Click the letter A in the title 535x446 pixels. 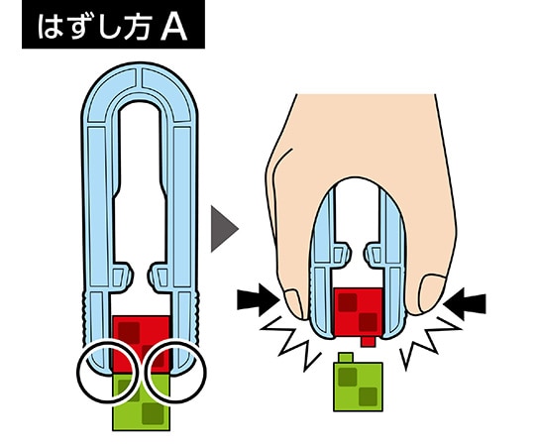pos(173,28)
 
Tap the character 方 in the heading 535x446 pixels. pos(137,28)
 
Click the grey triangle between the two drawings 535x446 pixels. pos(224,229)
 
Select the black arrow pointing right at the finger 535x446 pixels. pos(259,300)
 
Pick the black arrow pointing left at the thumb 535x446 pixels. pos(465,303)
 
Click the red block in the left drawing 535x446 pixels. pos(141,344)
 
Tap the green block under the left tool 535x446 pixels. pos(141,402)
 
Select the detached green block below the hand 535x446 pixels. pos(358,387)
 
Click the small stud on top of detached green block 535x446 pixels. pos(346,358)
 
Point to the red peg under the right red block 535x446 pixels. pos(368,341)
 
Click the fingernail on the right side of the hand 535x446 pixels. pos(431,292)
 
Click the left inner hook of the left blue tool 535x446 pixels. pos(122,275)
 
